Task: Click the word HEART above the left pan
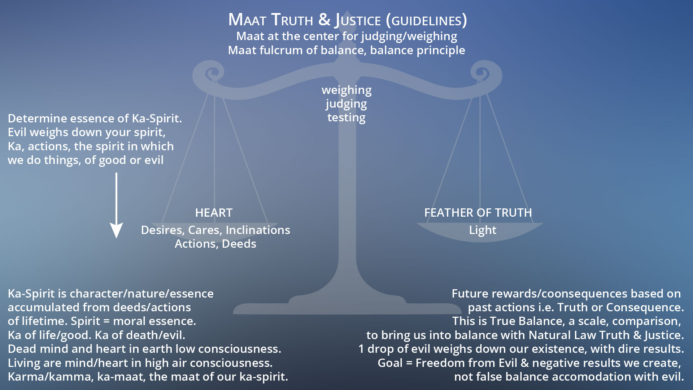pyautogui.click(x=214, y=213)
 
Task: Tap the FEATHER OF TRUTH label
pyautogui.click(x=478, y=213)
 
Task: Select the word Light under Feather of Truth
pyautogui.click(x=483, y=230)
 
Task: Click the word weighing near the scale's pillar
pyautogui.click(x=346, y=90)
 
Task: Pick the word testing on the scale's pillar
pyautogui.click(x=346, y=117)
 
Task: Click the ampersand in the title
pyautogui.click(x=324, y=19)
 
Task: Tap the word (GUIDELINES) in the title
pyautogui.click(x=426, y=20)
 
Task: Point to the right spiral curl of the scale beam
pyautogui.click(x=484, y=74)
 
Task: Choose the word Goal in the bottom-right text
pyautogui.click(x=390, y=363)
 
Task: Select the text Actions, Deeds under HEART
pyautogui.click(x=215, y=244)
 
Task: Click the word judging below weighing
pyautogui.click(x=346, y=104)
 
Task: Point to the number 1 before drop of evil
pyautogui.click(x=361, y=349)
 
